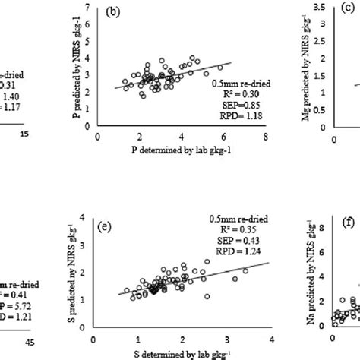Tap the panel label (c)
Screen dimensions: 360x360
(351, 11)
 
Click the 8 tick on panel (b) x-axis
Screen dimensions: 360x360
(265, 138)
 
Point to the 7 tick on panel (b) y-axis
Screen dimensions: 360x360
(90, 8)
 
